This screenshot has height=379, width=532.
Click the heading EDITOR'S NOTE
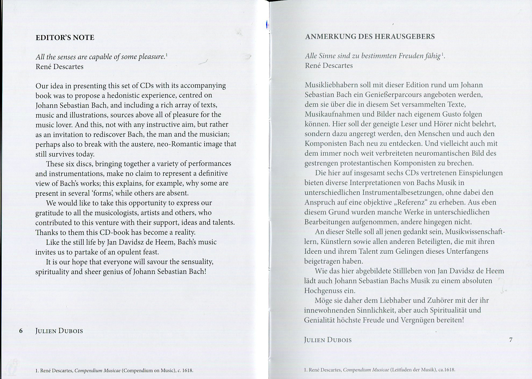(x=65, y=37)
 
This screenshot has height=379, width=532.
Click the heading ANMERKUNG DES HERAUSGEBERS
(x=370, y=37)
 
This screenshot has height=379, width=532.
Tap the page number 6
(x=21, y=331)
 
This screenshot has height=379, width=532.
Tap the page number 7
(x=511, y=340)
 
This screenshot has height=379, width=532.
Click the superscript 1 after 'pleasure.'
(x=167, y=55)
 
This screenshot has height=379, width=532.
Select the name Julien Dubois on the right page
(x=328, y=340)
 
